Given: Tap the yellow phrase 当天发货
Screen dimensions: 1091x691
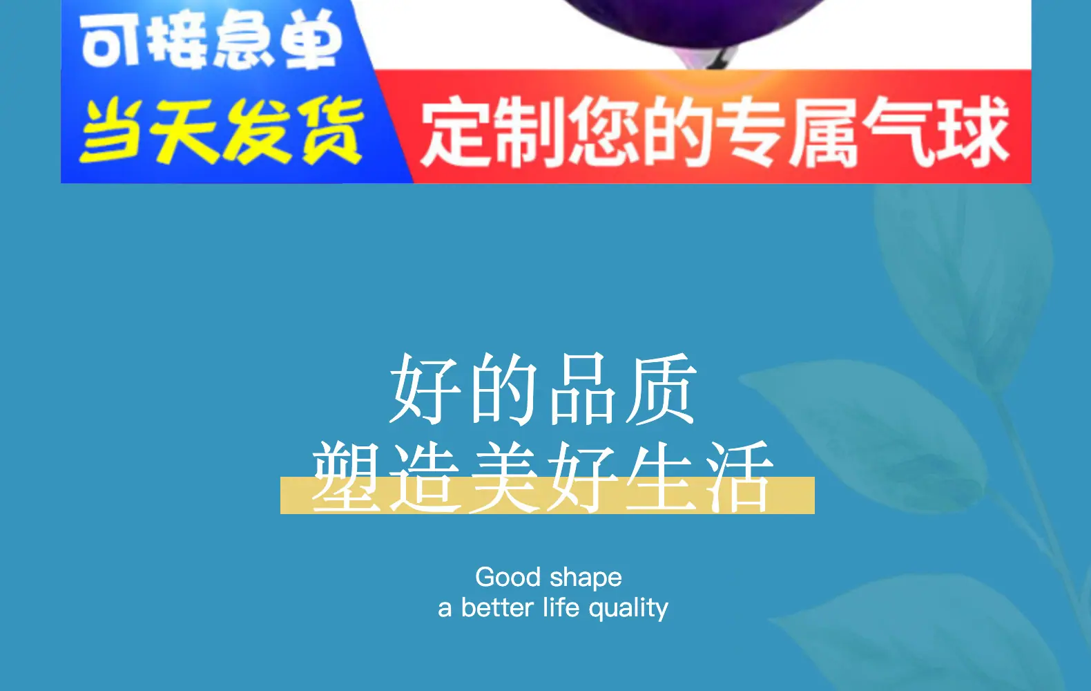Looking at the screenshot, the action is tap(222, 131).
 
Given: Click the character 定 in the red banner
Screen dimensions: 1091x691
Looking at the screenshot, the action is tap(456, 131).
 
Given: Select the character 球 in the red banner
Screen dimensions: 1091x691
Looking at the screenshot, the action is tap(971, 131).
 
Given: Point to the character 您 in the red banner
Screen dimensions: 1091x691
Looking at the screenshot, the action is tap(604, 131).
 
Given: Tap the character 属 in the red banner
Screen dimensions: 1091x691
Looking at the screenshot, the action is tap(823, 131).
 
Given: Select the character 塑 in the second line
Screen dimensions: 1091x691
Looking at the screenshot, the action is tap(347, 477).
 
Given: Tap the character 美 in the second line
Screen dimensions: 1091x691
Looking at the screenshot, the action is tap(504, 477).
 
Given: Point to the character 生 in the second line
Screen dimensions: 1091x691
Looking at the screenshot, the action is tap(661, 477).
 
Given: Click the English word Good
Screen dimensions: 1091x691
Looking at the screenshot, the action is tap(508, 577).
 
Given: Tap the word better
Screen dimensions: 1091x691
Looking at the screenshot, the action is tap(497, 607).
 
